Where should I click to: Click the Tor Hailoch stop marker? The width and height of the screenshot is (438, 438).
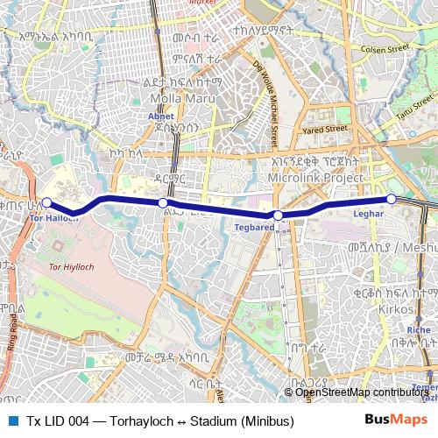[x=46, y=203]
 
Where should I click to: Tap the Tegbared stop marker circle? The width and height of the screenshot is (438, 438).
[x=278, y=215]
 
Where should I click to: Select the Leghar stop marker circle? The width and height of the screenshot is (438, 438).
[x=392, y=199]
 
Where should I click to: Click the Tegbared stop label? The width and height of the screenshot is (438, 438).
[x=255, y=227]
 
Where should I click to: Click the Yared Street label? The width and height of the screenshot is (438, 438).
[x=325, y=129]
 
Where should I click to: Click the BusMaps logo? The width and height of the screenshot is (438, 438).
[x=391, y=420]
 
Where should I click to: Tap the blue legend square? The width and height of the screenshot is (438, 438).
[x=12, y=420]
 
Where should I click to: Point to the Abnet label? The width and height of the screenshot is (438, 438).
[x=160, y=115]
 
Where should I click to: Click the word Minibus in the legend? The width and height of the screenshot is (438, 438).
[x=266, y=420]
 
